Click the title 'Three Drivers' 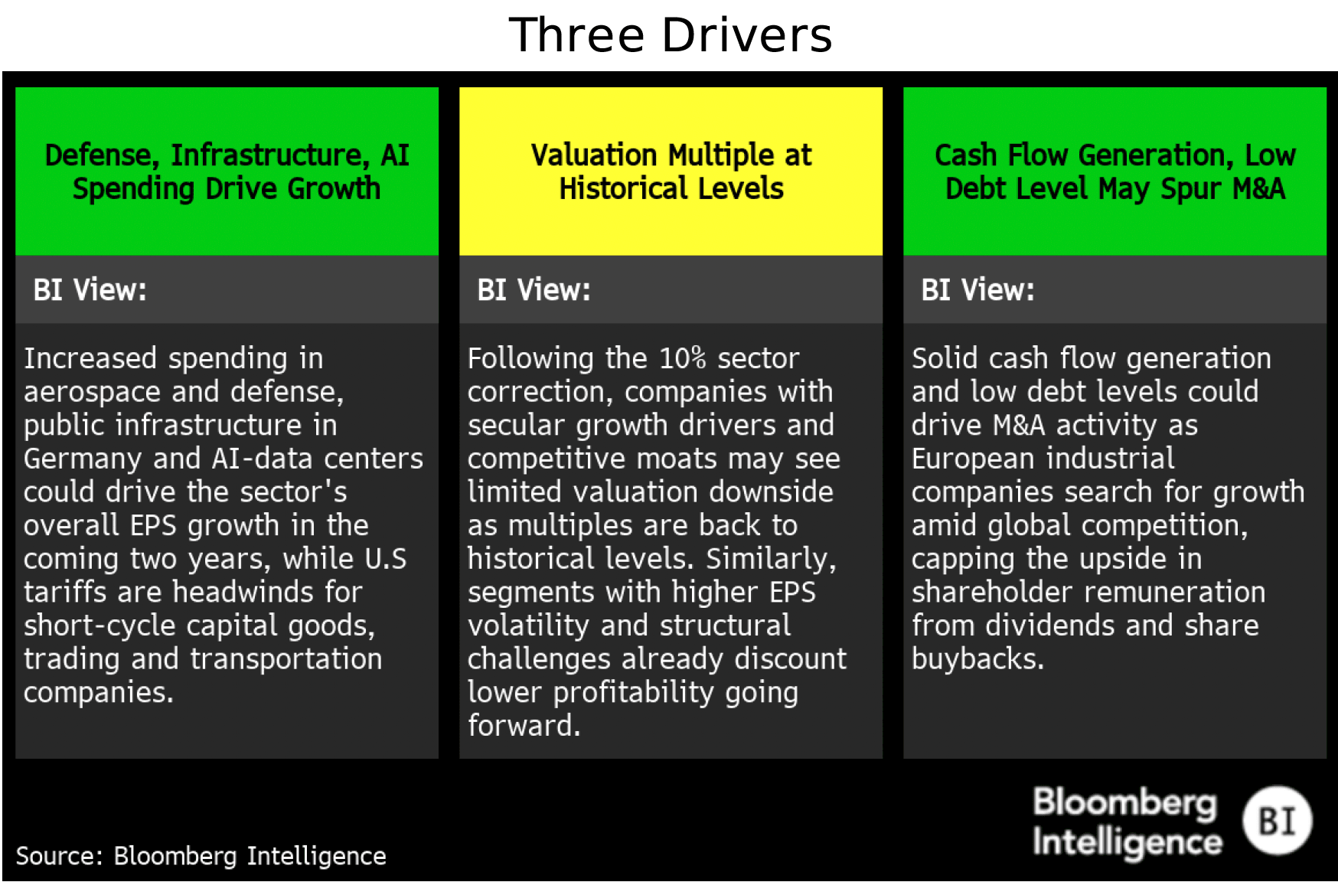tap(670, 35)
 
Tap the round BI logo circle tap(1277, 821)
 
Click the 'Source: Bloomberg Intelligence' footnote tap(201, 856)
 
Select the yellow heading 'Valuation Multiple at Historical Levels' tap(671, 171)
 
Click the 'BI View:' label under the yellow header tap(534, 290)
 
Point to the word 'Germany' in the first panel tap(83, 459)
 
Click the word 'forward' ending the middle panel tap(520, 726)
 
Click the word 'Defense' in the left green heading tap(99, 155)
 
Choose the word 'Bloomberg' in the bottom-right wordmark tap(1124, 803)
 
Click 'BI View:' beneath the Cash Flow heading tap(977, 290)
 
